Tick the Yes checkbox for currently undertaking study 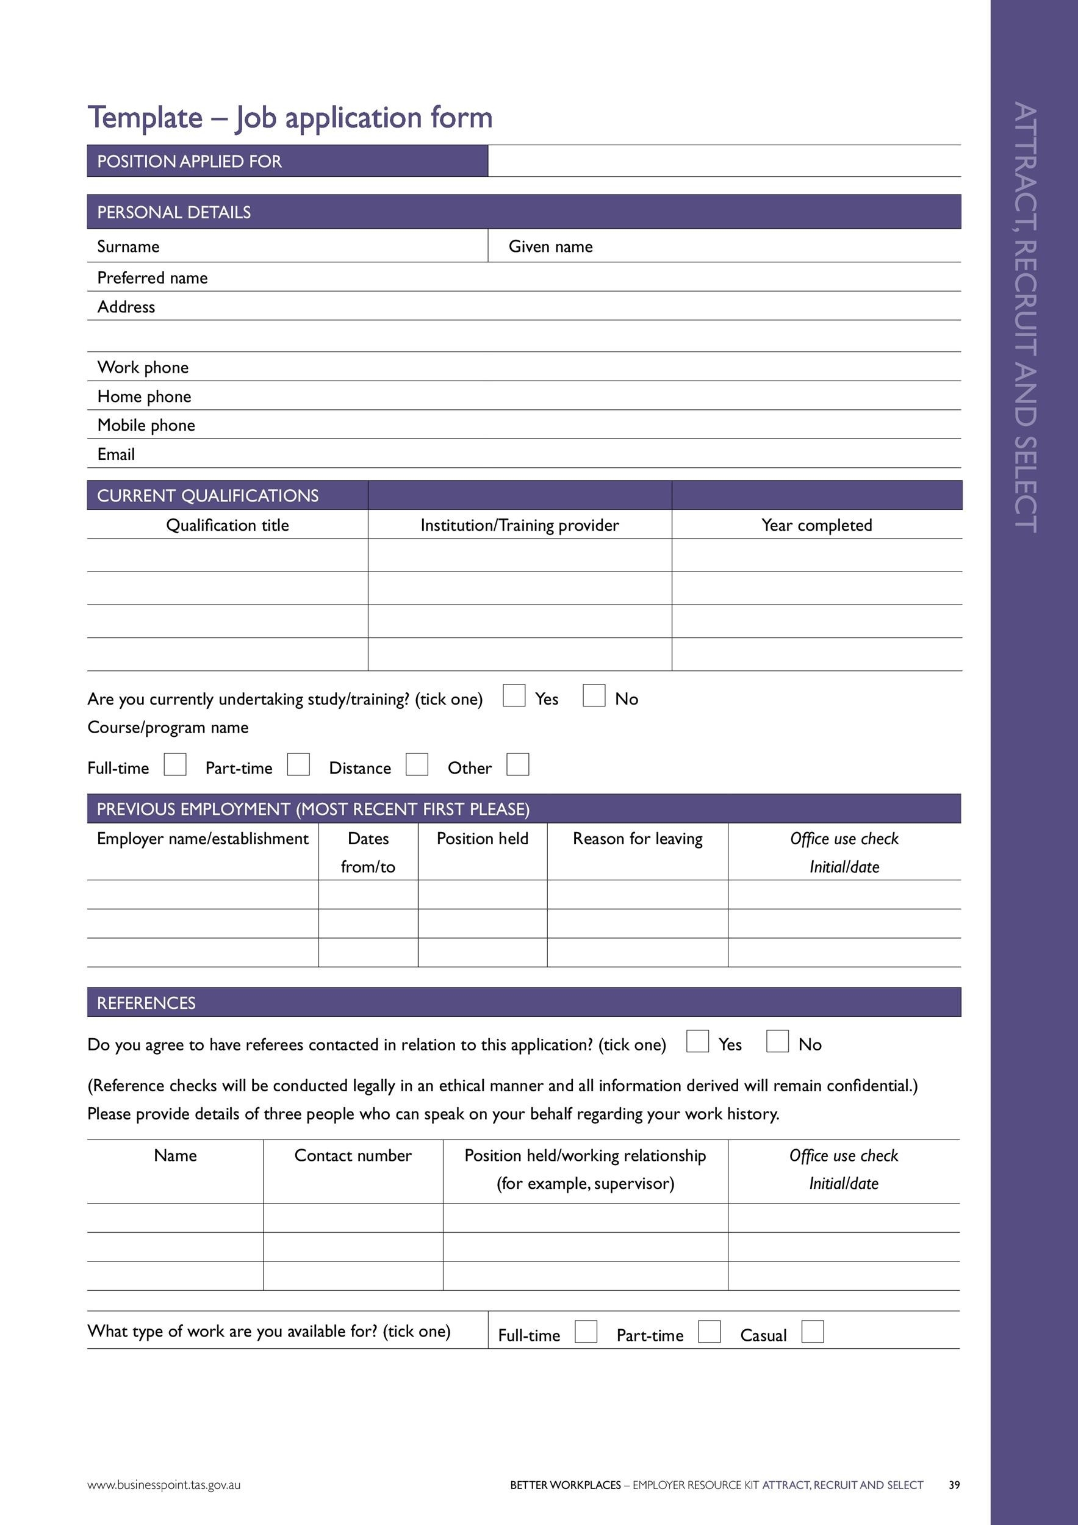coord(514,695)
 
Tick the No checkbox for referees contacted coord(777,1041)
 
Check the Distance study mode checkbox coord(417,764)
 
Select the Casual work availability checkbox coord(813,1332)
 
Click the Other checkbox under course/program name coord(517,764)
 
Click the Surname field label coord(128,246)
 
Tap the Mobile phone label coord(146,425)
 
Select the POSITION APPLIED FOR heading coord(189,162)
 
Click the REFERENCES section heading coord(146,1003)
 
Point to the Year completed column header coord(816,525)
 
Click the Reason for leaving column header coord(637,839)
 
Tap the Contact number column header coord(353,1156)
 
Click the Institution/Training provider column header coord(519,525)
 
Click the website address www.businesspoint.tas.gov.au coord(163,1485)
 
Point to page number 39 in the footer coord(954,1485)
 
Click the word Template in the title coord(145,118)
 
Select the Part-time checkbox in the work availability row coord(709,1332)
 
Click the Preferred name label coord(152,278)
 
